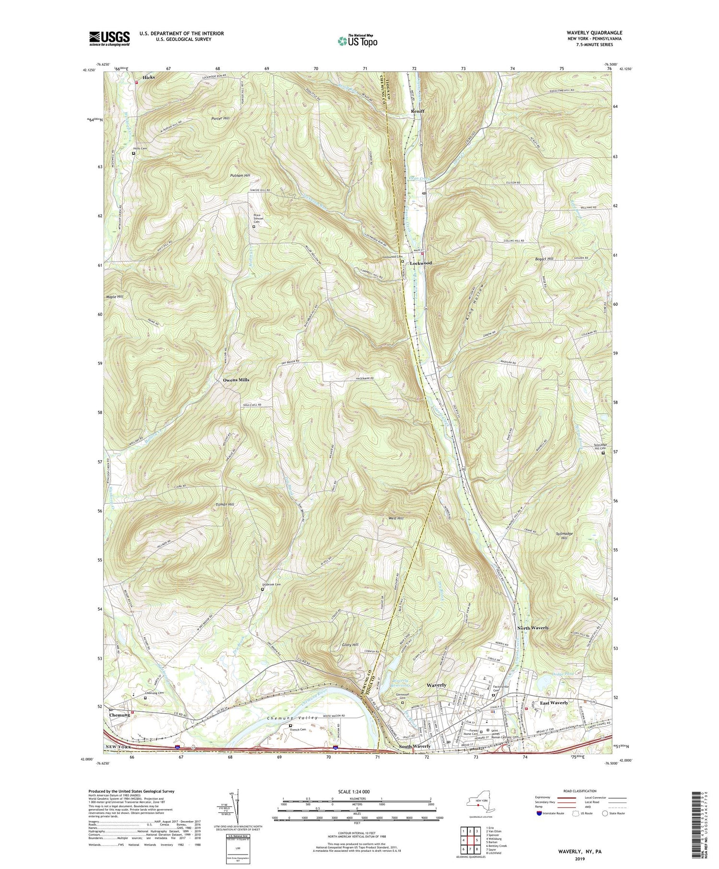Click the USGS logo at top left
109,38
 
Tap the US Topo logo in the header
357,41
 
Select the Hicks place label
148,77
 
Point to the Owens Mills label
236,380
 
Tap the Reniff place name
417,111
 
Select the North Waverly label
533,627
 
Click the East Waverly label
554,703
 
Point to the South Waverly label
415,746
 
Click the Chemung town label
119,715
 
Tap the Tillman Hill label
224,505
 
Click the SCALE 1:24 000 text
357,791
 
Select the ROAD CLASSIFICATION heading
580,791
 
